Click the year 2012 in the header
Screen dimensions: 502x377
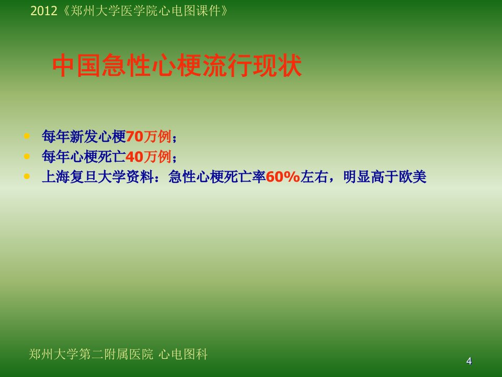click(x=43, y=11)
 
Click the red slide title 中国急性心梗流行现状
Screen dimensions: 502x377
click(x=177, y=65)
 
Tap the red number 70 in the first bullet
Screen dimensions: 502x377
click(x=134, y=137)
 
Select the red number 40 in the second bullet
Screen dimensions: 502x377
click(x=134, y=157)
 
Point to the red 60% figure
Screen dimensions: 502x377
click(x=283, y=176)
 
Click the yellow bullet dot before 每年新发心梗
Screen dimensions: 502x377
click(x=27, y=136)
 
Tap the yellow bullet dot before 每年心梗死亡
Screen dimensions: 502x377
click(x=27, y=156)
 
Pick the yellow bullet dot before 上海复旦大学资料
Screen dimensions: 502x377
click(x=27, y=176)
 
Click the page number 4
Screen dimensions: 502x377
click(x=469, y=361)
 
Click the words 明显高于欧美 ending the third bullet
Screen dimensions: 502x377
click(x=385, y=176)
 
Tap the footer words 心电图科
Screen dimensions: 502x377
click(x=183, y=354)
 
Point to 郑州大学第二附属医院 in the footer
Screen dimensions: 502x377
click(x=91, y=354)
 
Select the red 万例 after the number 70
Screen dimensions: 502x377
click(x=157, y=137)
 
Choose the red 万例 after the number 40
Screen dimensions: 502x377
click(x=157, y=157)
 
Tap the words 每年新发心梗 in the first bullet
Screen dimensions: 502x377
click(x=84, y=137)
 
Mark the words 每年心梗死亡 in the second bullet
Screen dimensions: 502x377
click(x=84, y=157)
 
